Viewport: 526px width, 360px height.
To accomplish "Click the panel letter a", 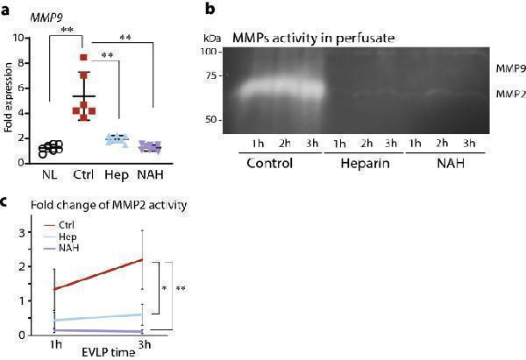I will click(7, 11).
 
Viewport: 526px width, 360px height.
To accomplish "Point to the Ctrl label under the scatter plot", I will click(84, 174).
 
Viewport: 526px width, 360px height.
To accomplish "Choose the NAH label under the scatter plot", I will click(151, 174).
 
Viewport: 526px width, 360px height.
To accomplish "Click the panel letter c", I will click(6, 202).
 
